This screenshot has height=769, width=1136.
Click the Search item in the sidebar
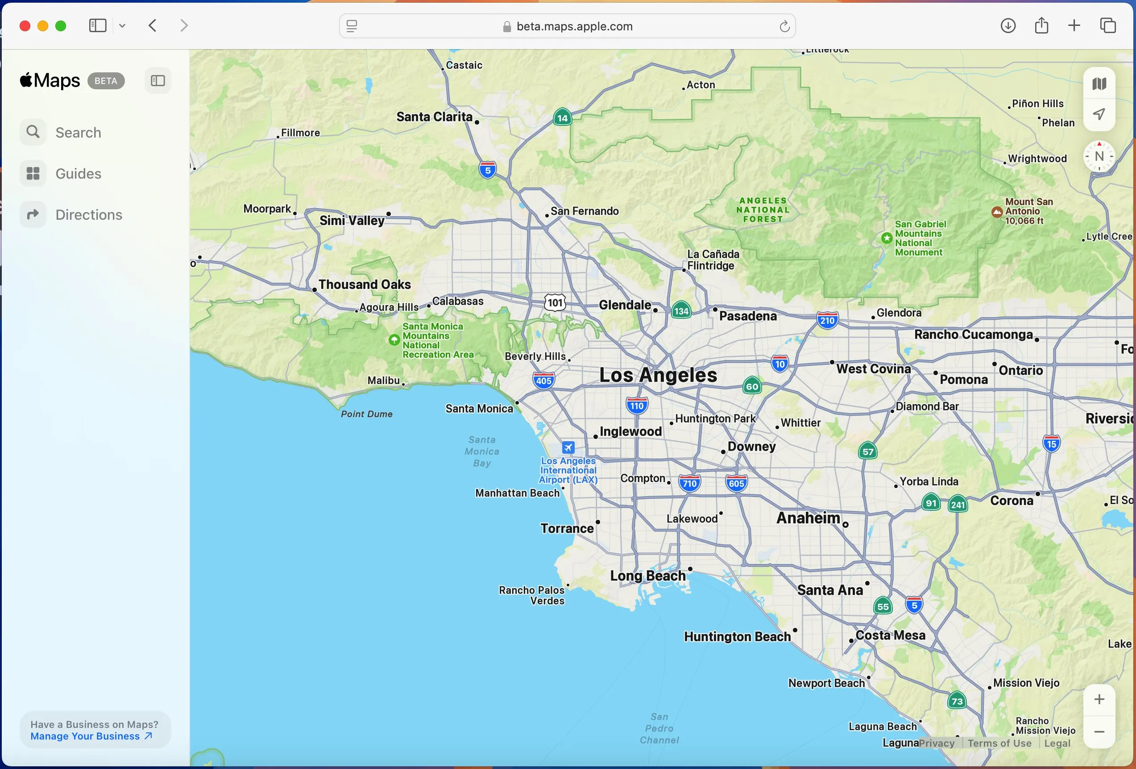coord(78,133)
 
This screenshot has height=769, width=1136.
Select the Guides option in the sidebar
coord(78,174)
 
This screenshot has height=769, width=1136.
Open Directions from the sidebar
coord(88,215)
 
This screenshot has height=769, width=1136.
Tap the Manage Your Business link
coord(91,736)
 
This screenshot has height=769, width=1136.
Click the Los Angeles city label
coord(658,375)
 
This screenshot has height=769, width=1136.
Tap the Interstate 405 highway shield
coord(543,380)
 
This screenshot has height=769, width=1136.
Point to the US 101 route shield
coord(555,303)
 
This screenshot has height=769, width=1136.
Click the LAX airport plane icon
coord(568,447)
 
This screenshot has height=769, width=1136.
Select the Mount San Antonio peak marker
coord(997,212)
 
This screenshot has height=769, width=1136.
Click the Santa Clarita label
coord(434,117)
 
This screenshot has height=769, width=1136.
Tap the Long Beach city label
coord(648,576)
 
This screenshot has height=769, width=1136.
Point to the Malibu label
coord(384,380)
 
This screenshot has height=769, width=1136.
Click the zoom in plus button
coord(1099,699)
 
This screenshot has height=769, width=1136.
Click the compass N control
coord(1099,157)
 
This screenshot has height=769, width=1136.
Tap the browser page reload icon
coord(784,26)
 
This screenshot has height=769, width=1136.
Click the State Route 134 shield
coord(681,311)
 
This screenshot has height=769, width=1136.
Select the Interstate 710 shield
coord(689,483)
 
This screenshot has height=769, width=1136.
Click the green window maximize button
coord(61,26)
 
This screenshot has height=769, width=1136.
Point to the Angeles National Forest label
coord(763,210)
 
